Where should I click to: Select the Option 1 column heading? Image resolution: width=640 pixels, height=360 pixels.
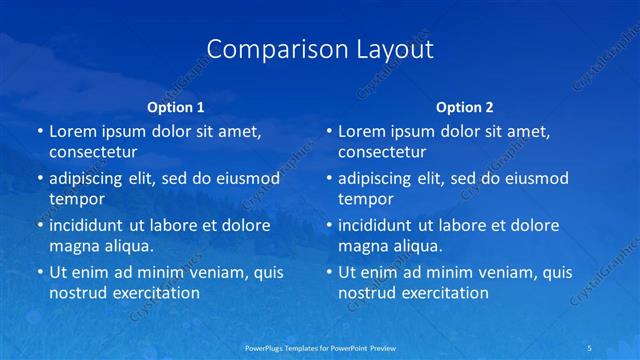(x=176, y=107)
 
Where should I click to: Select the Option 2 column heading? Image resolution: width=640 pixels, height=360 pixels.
(x=465, y=107)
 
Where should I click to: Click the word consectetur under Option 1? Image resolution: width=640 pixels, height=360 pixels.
(x=93, y=153)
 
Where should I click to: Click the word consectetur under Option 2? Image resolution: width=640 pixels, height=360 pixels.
(x=382, y=153)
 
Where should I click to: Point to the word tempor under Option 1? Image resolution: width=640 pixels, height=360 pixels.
(x=76, y=199)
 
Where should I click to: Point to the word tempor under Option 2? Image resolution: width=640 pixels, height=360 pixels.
(x=365, y=199)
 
